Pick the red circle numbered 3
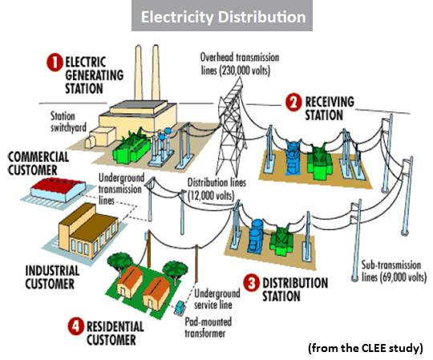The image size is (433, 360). tap(251, 282)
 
